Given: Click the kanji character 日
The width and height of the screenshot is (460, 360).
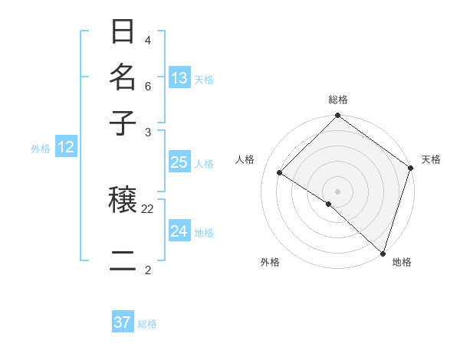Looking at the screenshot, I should coord(123,32).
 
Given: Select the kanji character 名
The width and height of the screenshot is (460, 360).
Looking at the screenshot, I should coord(123,77).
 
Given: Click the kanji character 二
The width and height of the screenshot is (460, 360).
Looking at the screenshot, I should coord(123,260).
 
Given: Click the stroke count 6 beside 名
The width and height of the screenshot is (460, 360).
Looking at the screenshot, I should coord(148,86).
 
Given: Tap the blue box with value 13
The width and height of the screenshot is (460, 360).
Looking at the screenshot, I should coord(179,77).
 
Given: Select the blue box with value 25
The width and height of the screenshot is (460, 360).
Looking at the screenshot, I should coord(179,162).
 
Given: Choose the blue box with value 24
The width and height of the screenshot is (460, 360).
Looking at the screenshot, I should coord(179,231).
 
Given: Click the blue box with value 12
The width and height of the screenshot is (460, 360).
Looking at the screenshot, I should coord(65,147).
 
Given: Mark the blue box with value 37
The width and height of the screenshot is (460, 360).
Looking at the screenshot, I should coord(122,322).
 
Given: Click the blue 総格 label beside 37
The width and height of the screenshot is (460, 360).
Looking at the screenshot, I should coord(147,324).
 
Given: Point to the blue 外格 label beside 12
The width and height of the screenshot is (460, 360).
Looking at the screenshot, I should coord(41,149).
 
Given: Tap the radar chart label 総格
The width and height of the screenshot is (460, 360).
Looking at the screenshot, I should coord(338,100).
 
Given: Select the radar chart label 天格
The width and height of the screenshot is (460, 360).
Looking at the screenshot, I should coord(431,159).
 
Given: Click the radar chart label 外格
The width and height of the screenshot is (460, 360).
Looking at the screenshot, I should coord(270,262).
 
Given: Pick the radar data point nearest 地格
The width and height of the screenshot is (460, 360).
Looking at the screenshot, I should coord(383,253).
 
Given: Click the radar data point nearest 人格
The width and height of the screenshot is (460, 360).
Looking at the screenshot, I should coord(280,172).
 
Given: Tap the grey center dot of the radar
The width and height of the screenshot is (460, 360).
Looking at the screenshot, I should coord(337,191).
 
